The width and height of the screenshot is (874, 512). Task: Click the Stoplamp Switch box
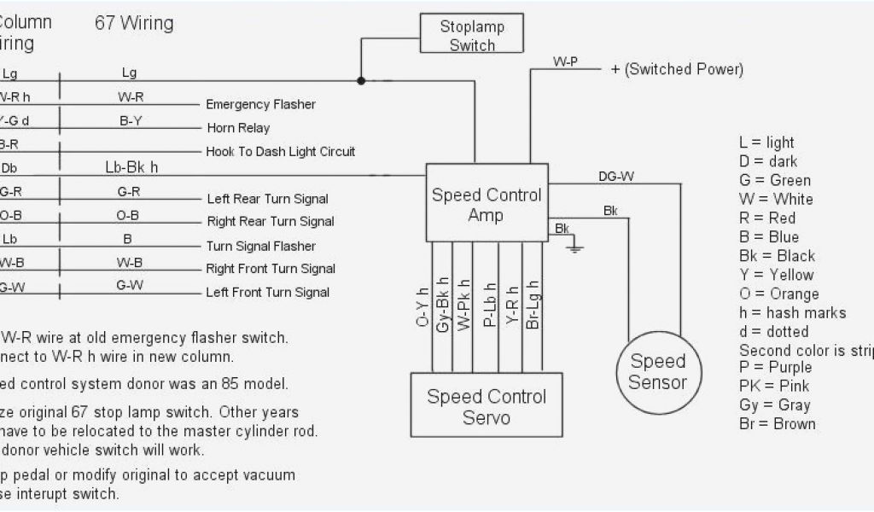pos(472,35)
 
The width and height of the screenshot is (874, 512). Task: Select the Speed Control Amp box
pos(486,204)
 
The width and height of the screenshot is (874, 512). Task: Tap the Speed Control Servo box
pos(486,406)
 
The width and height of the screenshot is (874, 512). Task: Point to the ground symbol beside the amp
pos(574,247)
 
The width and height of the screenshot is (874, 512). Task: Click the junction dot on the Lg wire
pos(361,81)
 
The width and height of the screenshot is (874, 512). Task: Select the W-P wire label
pos(567,62)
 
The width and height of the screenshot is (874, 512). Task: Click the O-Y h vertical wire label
pos(423,306)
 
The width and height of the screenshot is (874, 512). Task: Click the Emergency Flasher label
pos(260,104)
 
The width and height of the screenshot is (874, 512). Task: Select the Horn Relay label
pos(238,128)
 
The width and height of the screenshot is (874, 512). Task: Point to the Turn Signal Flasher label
pos(261,246)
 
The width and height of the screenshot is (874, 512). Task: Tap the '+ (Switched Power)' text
pos(677,69)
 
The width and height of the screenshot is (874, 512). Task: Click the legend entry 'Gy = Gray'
pos(774,404)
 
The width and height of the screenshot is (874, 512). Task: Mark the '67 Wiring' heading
pos(133,23)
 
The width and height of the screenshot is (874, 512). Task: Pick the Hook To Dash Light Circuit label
pos(281,152)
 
